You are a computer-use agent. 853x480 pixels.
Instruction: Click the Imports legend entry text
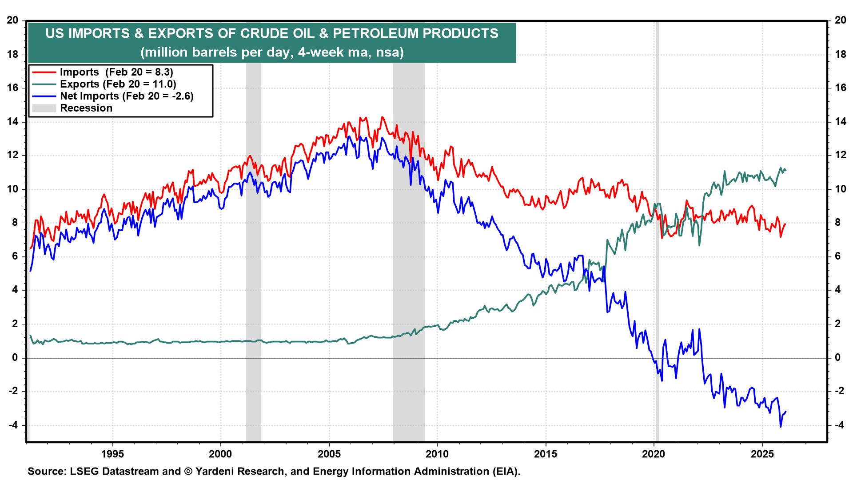pos(116,72)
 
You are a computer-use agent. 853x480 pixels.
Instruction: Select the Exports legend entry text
pos(118,84)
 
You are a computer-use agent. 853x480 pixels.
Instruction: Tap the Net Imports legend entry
pos(127,96)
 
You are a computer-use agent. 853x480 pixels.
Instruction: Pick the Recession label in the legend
pos(86,108)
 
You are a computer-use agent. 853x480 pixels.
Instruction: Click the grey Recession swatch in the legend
pos(44,108)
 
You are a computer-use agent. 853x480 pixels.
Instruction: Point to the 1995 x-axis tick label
pos(112,454)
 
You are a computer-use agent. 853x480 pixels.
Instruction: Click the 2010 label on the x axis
pos(437,454)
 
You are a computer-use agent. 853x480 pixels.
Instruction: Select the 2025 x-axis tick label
pos(762,454)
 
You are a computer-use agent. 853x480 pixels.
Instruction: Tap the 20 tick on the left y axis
pos(12,20)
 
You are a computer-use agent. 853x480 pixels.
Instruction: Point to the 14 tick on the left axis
pos(12,121)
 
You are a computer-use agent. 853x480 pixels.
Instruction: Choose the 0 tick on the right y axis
pos(837,357)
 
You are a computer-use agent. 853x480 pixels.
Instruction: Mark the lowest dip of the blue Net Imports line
pos(781,427)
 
